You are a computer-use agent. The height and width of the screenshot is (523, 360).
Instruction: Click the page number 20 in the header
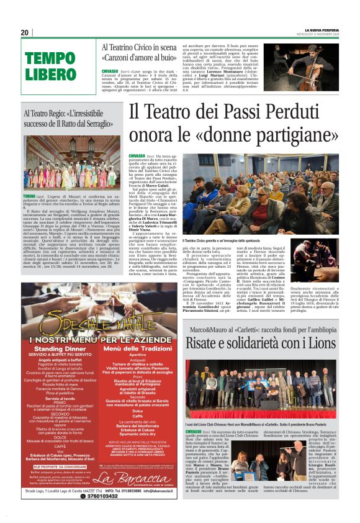click(25, 32)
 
